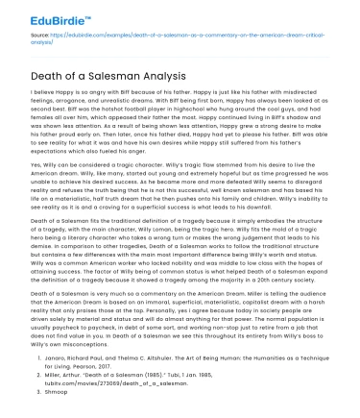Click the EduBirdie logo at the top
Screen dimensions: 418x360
[37, 15]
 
